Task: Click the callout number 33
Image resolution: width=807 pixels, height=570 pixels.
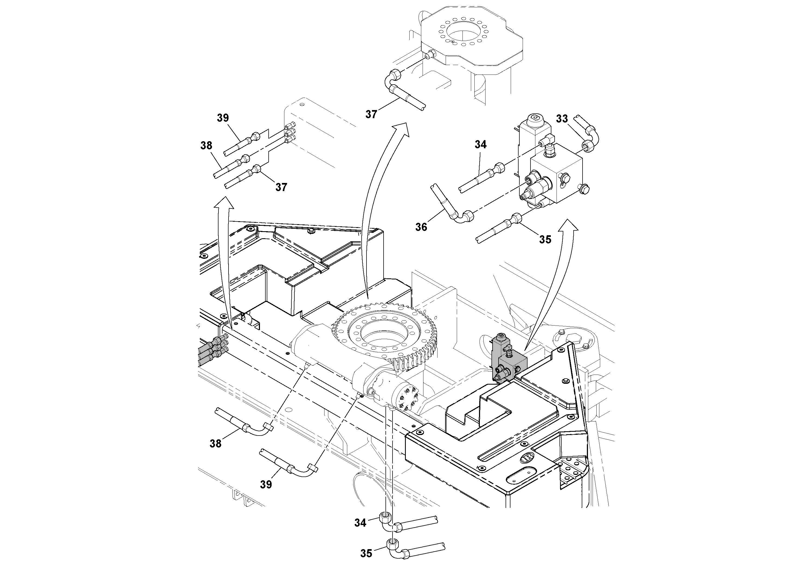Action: point(562,119)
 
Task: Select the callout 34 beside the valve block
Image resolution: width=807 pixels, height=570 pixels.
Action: point(480,144)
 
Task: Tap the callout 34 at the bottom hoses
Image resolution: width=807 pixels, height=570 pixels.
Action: point(360,523)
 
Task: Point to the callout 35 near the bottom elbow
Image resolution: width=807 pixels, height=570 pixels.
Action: point(366,553)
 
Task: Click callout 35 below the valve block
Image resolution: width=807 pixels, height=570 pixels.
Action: point(545,239)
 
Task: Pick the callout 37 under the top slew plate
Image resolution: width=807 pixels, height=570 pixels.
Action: point(371,114)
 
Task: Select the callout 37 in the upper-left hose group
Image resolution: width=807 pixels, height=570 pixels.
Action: point(281,187)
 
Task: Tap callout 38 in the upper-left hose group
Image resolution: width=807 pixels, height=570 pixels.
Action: point(206,146)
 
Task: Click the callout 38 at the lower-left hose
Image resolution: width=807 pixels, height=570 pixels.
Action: point(216,444)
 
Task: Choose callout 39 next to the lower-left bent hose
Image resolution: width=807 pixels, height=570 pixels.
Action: point(266,484)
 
